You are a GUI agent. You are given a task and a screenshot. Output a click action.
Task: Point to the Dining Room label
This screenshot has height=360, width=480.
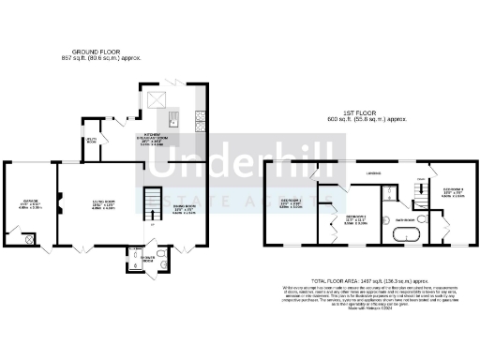click(184, 208)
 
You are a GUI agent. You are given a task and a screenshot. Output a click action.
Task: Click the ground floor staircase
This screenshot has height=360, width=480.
click(148, 198)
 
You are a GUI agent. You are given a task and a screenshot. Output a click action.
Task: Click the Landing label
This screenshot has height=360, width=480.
click(372, 173)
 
